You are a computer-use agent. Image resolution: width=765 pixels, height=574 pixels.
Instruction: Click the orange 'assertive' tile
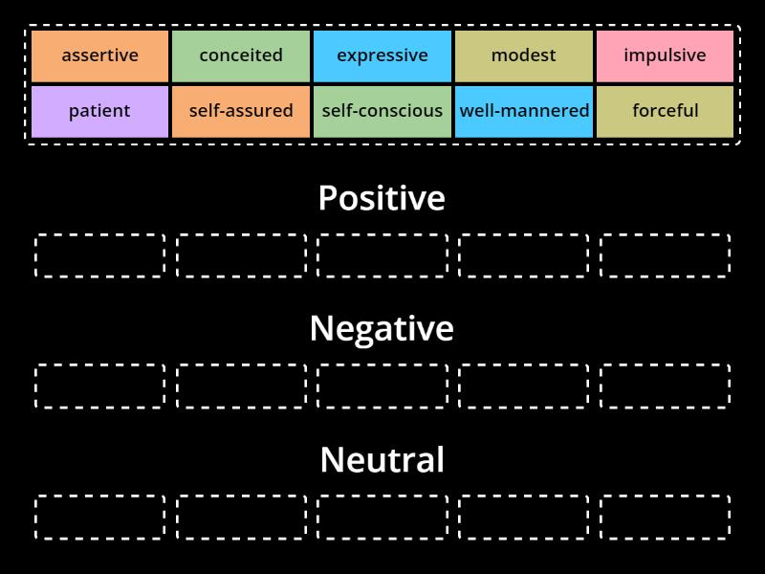pos(99,55)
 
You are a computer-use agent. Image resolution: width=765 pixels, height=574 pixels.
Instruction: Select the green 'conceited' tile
pos(241,55)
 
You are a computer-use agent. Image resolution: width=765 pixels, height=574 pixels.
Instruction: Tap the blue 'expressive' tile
pos(382,55)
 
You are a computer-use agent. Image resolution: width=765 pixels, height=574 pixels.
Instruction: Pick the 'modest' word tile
pos(523,55)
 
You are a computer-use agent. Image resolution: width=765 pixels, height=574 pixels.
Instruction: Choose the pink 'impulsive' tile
pos(665,55)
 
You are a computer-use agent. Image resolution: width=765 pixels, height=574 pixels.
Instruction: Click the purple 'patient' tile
pos(99,111)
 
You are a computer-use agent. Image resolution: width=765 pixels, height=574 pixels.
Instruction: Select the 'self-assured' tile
pos(241,111)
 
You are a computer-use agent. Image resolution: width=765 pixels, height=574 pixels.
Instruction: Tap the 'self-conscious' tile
pos(382,111)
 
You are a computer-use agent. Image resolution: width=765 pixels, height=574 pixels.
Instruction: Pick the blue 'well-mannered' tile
pos(524,111)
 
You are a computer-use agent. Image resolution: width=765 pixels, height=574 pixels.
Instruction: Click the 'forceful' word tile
pos(665,111)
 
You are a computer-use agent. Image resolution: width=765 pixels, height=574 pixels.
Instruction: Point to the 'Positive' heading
pos(382,198)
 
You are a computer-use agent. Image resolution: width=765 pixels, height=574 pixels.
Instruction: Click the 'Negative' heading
pos(382,328)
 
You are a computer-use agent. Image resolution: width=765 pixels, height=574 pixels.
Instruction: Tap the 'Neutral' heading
pos(382,459)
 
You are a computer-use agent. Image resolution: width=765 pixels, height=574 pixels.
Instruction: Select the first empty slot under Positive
pos(99,255)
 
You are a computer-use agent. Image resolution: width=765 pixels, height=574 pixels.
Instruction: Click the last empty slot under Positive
pos(665,255)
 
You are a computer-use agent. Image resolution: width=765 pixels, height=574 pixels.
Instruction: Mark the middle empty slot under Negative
pos(382,386)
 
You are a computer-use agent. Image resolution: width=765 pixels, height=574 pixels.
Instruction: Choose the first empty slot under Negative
pos(99,386)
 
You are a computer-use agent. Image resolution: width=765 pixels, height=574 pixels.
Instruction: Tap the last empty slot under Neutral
pos(665,517)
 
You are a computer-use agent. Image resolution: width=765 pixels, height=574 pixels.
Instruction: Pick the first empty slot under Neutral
pos(99,517)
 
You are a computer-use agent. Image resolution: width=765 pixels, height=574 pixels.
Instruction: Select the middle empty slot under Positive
pos(382,255)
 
